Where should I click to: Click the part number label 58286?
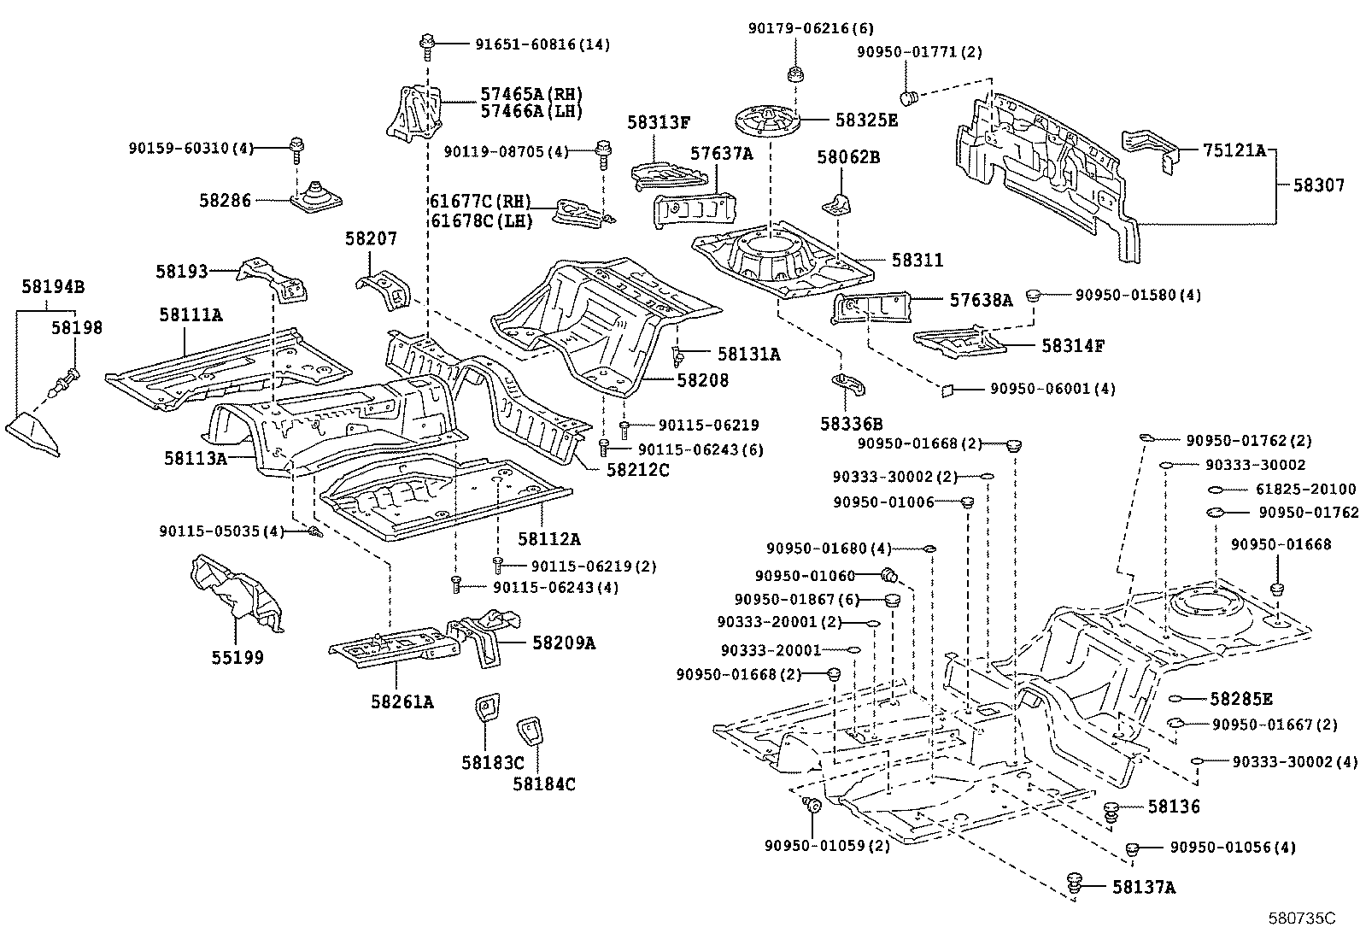pos(226,200)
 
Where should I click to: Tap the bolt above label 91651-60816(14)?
pos(426,44)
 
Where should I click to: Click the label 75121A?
pos(1234,150)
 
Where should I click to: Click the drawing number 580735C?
pos(1301,918)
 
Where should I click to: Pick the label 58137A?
pos(1143,888)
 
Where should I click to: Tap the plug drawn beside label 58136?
pos(1111,811)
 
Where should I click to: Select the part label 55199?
pos(237,657)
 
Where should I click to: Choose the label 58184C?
pos(544,783)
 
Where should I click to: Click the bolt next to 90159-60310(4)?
pos(296,150)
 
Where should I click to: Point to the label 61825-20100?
pos(1305,490)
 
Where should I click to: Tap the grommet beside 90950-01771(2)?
pos(911,94)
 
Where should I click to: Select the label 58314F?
pos(1072,346)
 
